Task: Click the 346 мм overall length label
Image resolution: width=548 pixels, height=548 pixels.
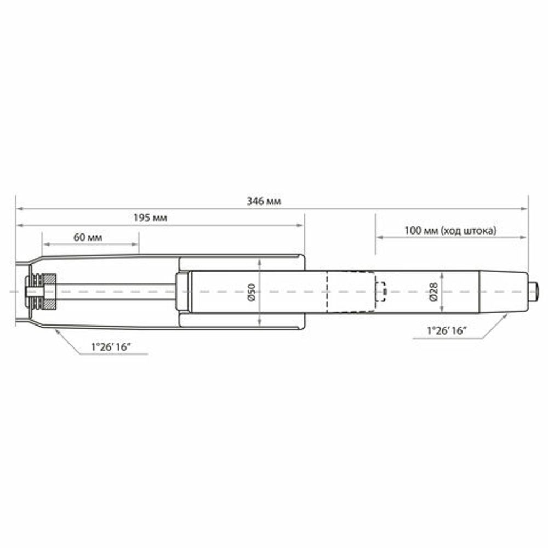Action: (269, 201)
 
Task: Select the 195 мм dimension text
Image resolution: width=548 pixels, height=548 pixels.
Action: (150, 218)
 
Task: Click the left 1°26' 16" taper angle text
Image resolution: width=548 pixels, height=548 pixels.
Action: (113, 347)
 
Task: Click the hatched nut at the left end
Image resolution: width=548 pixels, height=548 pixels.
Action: (49, 291)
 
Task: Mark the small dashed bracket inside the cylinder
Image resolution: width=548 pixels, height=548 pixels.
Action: (381, 291)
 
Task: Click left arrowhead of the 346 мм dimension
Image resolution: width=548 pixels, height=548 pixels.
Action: (19, 208)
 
